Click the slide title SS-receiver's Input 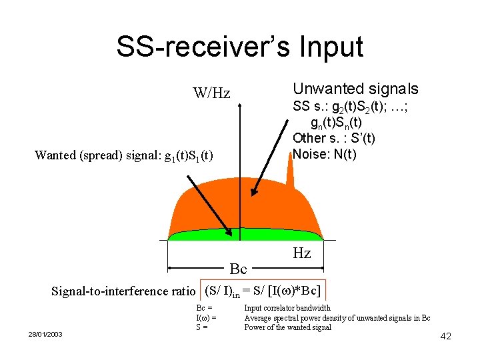(x=239, y=47)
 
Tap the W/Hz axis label (x=211, y=93)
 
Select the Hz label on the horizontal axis (x=301, y=253)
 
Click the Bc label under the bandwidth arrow (x=238, y=269)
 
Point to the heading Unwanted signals (x=356, y=89)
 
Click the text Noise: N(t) (x=325, y=154)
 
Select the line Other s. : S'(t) (x=334, y=139)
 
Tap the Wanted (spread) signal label (x=124, y=155)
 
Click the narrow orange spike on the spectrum (x=289, y=175)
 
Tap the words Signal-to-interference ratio (x=123, y=291)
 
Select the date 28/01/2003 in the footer (x=45, y=333)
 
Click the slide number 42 (x=446, y=336)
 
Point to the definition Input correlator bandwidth (x=287, y=308)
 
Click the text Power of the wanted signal (x=287, y=327)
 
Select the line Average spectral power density (x=337, y=317)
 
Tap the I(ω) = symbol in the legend (x=205, y=317)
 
